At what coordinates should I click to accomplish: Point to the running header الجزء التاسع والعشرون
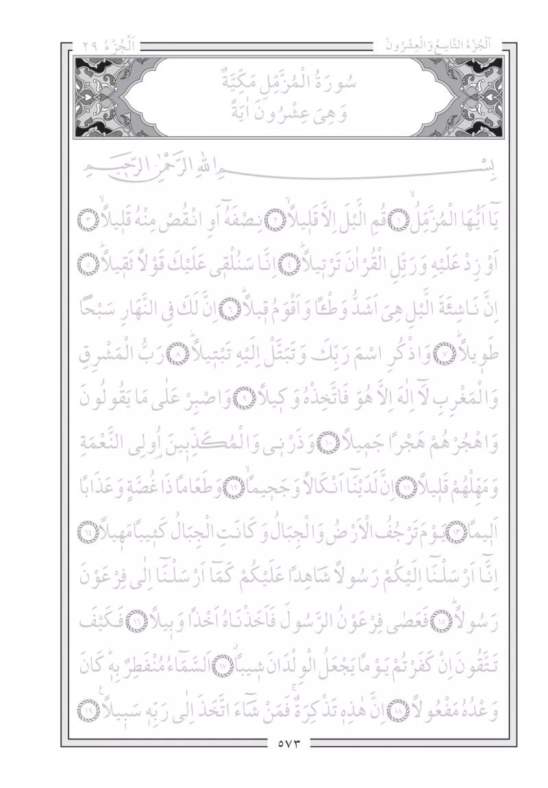point(439,49)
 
